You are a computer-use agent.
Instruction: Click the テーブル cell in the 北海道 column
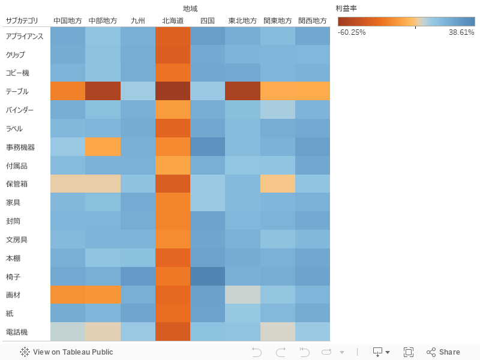tap(173, 91)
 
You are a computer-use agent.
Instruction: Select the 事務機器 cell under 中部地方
tap(103, 147)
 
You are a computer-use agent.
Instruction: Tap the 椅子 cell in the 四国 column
tap(208, 276)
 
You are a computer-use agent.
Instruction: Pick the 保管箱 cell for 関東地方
tap(278, 184)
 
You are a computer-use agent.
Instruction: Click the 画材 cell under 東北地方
tap(243, 295)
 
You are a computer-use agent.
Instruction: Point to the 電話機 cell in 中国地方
tap(68, 332)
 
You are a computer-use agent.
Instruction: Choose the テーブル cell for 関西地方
tap(313, 91)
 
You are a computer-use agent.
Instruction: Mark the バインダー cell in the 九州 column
tap(138, 110)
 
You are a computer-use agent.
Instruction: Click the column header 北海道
tap(173, 20)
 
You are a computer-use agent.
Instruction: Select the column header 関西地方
tap(313, 20)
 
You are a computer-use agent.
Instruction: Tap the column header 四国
tap(208, 20)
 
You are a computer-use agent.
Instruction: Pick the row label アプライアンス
tap(24, 36)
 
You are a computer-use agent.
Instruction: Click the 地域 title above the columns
tap(190, 8)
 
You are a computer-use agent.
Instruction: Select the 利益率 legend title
tap(346, 8)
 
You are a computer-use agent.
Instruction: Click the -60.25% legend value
tap(352, 32)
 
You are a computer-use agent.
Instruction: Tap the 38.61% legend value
tap(461, 32)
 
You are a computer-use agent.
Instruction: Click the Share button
tap(443, 352)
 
